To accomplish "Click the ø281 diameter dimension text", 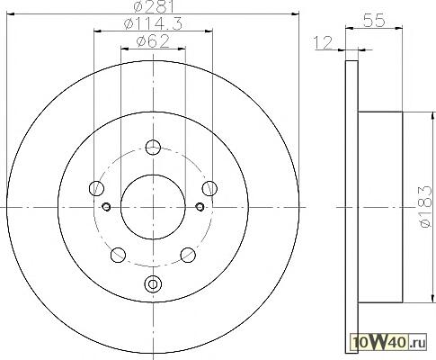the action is [154, 6].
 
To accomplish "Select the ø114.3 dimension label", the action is [153, 24].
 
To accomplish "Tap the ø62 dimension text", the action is [153, 41].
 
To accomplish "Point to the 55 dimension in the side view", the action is [374, 21].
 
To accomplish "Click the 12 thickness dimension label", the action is [323, 42].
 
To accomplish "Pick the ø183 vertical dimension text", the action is [426, 207].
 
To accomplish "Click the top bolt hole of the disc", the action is [153, 148].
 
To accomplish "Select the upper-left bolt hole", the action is [96, 188].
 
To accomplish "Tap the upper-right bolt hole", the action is [209, 188].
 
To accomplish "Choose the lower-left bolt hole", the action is [118, 255].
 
